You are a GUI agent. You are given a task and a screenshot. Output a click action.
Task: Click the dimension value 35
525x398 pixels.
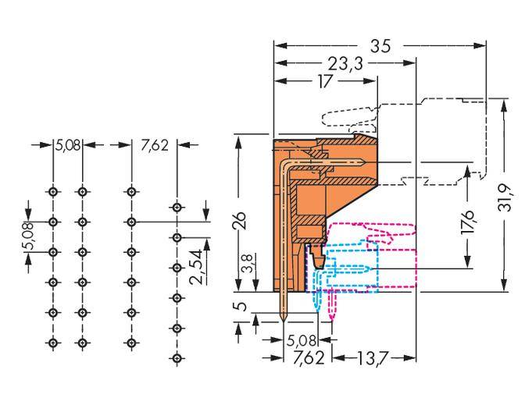[380, 46]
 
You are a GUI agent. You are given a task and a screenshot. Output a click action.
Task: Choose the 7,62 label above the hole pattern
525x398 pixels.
[154, 145]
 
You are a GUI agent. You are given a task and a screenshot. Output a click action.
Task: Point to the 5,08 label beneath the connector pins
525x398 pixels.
[302, 341]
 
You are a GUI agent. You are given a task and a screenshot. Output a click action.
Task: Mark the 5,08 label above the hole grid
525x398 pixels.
[67, 145]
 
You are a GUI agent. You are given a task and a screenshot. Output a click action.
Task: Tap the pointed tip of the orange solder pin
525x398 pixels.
[283, 322]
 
